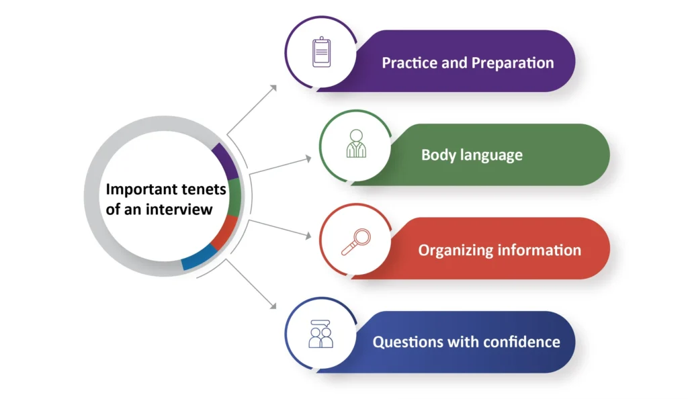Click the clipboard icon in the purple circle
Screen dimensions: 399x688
[x=322, y=52]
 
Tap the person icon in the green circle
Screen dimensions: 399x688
[x=356, y=144]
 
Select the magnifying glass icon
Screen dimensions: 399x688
[x=355, y=242]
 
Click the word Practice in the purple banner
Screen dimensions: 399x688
[x=407, y=63]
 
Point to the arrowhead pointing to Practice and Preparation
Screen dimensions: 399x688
[x=273, y=87]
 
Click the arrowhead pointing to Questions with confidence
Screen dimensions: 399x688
[x=273, y=306]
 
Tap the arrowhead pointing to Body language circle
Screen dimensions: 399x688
[x=308, y=159]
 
